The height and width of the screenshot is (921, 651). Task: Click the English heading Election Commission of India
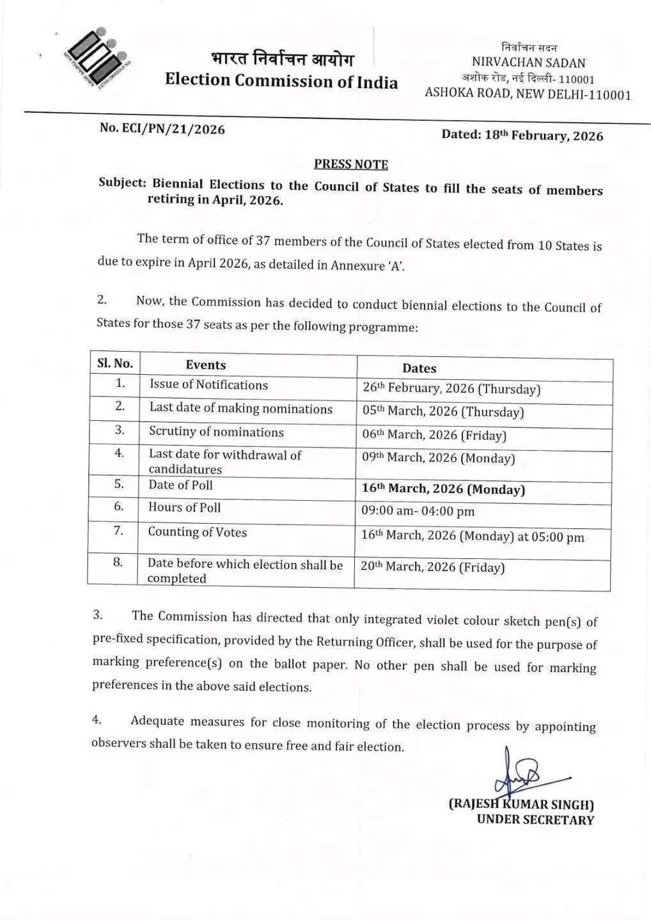click(281, 81)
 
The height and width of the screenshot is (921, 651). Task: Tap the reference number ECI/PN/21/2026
click(162, 129)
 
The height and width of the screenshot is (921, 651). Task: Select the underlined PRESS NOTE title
click(351, 164)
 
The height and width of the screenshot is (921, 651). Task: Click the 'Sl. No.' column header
click(115, 364)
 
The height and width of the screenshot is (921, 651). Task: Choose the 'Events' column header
click(206, 365)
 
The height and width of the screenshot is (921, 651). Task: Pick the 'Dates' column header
click(420, 368)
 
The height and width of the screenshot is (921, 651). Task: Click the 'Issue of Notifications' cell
click(208, 385)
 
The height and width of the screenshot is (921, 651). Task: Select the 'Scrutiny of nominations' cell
click(216, 432)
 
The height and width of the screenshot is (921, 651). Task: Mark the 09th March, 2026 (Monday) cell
click(439, 458)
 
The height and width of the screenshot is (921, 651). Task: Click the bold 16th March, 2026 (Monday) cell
click(444, 489)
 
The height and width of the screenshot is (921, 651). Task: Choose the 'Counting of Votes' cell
click(198, 532)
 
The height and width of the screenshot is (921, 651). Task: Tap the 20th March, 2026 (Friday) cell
click(433, 567)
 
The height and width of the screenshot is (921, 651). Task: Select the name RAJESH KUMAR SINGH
click(521, 804)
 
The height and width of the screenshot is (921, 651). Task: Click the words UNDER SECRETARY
click(535, 820)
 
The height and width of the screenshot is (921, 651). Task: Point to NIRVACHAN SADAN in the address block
click(528, 63)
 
